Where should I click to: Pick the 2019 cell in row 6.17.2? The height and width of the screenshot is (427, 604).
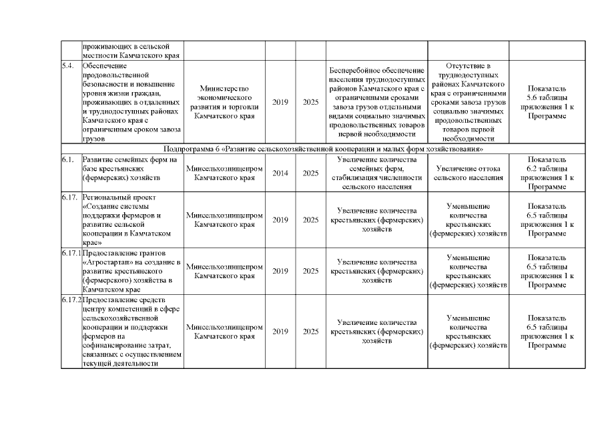click(x=280, y=332)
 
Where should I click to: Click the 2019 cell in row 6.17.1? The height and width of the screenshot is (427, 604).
click(x=280, y=272)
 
